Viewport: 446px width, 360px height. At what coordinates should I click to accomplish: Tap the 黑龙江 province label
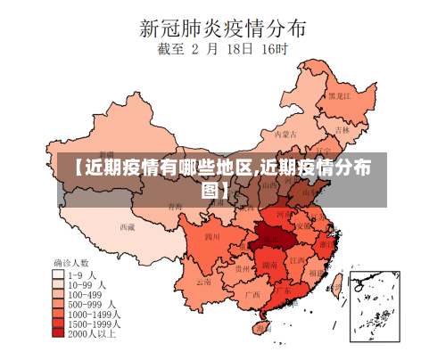click(x=340, y=94)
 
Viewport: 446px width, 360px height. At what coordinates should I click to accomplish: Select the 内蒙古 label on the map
click(x=284, y=135)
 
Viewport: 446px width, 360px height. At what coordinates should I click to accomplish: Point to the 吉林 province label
click(x=343, y=128)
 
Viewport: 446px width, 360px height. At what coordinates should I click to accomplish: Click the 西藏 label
click(x=128, y=226)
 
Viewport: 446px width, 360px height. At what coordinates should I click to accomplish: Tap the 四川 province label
click(x=211, y=237)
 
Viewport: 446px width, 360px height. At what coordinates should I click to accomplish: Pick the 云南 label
click(x=204, y=282)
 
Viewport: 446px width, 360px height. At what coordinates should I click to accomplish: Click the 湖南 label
click(x=269, y=265)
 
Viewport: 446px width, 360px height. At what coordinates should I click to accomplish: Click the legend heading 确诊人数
click(x=72, y=264)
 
